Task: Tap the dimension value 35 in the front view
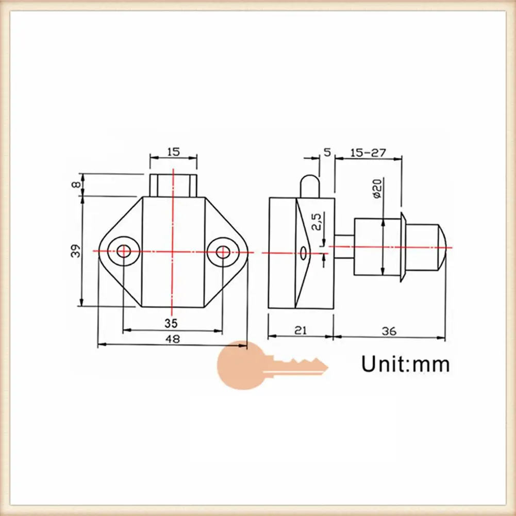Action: pyautogui.click(x=171, y=323)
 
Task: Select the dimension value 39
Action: pyautogui.click(x=76, y=251)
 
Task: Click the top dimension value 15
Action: pyautogui.click(x=173, y=152)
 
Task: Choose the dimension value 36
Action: pyautogui.click(x=390, y=331)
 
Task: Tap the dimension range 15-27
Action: pyautogui.click(x=368, y=153)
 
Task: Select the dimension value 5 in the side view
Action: pyautogui.click(x=326, y=152)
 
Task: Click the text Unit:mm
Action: pyautogui.click(x=405, y=363)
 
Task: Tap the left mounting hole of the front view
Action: pyautogui.click(x=123, y=251)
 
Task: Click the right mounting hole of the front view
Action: pyautogui.click(x=223, y=252)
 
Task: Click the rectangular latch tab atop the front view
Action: pyautogui.click(x=173, y=185)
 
